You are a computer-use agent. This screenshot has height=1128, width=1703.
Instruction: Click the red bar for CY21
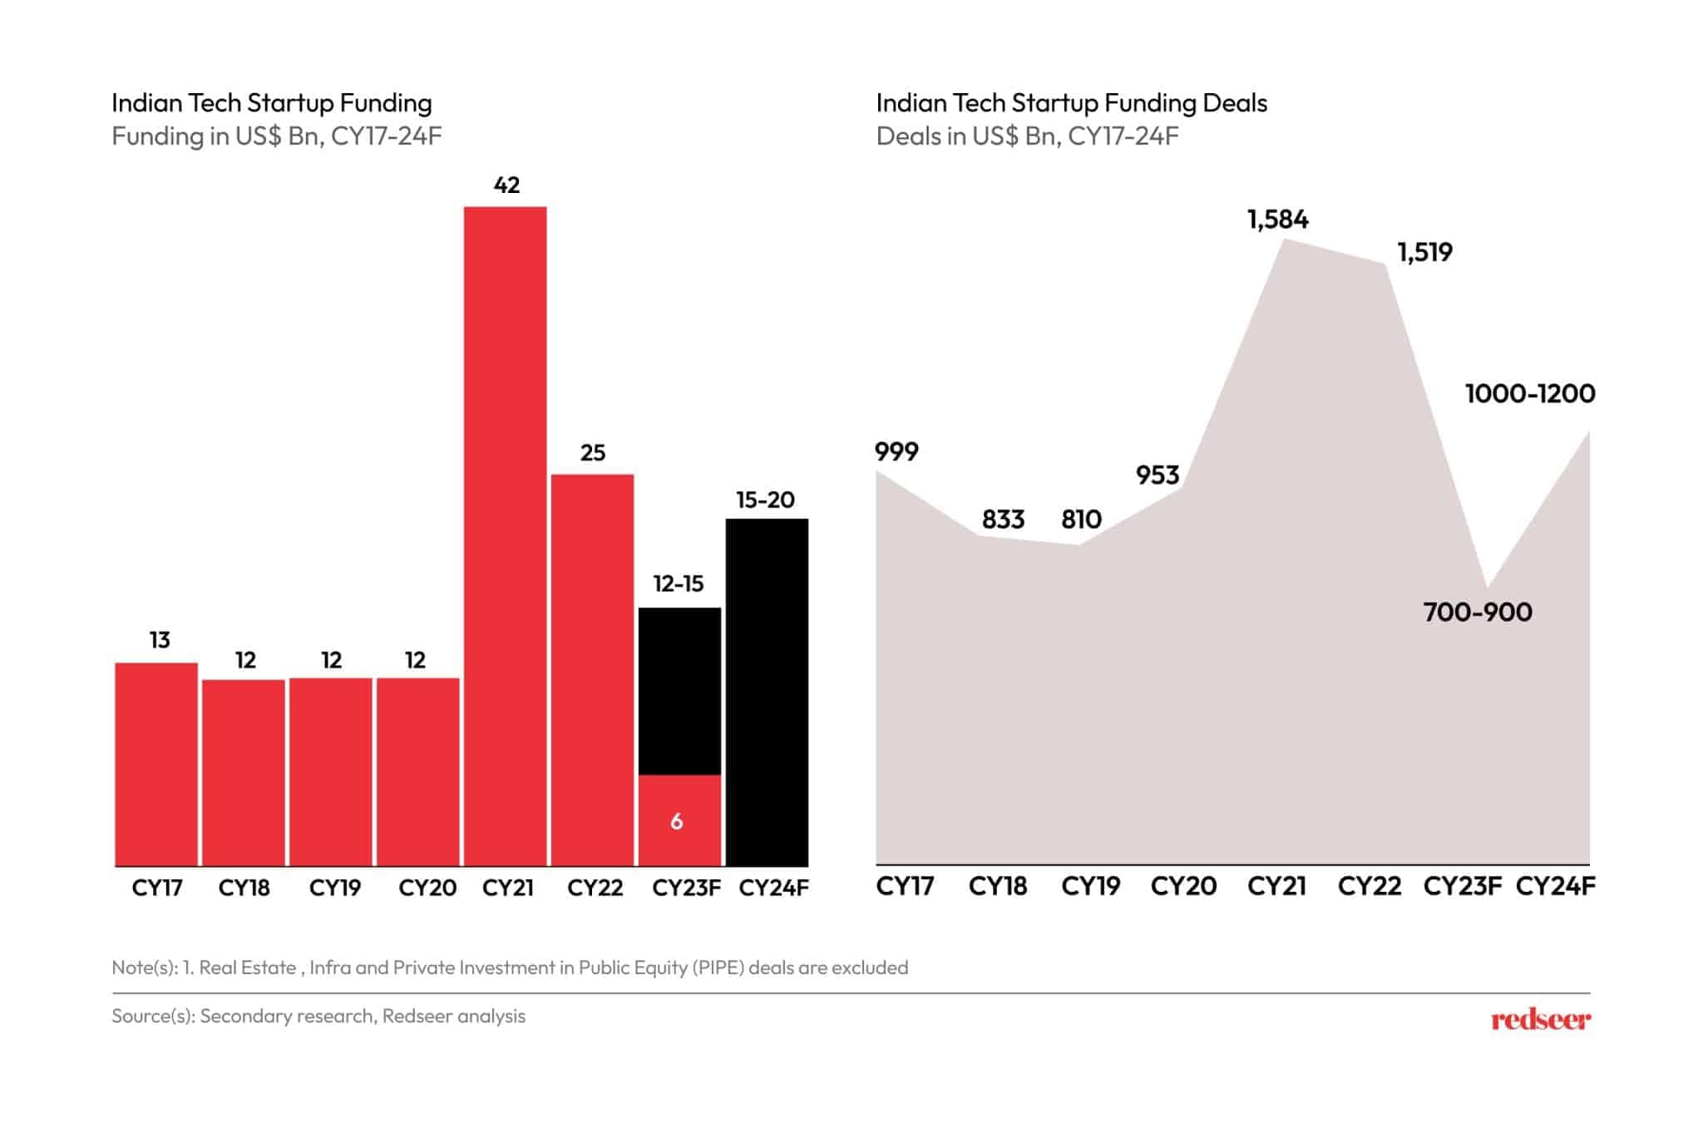[x=505, y=537]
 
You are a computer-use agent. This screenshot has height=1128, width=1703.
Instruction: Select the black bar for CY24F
[x=766, y=692]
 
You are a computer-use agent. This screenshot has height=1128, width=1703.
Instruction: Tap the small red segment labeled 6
[x=679, y=821]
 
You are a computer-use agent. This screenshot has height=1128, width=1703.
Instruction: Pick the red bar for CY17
[x=156, y=764]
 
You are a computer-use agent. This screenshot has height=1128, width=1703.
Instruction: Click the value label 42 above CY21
[x=506, y=185]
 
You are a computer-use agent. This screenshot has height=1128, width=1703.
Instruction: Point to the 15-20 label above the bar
[x=765, y=500]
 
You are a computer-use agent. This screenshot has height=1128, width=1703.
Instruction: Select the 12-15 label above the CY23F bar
[x=679, y=584]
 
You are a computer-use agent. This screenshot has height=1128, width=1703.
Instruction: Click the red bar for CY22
[x=592, y=670]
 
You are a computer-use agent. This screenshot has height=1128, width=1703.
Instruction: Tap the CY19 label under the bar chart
[x=334, y=888]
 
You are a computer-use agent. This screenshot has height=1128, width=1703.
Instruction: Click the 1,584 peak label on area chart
[x=1277, y=220]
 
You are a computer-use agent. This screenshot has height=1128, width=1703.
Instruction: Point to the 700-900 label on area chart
[x=1477, y=612]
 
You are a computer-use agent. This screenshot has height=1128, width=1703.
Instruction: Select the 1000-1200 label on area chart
[x=1529, y=393]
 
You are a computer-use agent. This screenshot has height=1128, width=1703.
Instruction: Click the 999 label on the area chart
[x=896, y=452]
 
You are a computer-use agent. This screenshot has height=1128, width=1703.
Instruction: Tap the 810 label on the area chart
[x=1081, y=520]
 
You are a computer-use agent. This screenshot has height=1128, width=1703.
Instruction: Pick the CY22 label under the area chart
[x=1369, y=886]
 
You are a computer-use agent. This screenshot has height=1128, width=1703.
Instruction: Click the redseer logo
[x=1540, y=1019]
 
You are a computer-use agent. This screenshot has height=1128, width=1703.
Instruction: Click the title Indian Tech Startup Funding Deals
[x=1071, y=103]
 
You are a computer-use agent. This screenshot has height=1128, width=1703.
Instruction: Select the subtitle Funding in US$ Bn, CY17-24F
[x=276, y=136]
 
